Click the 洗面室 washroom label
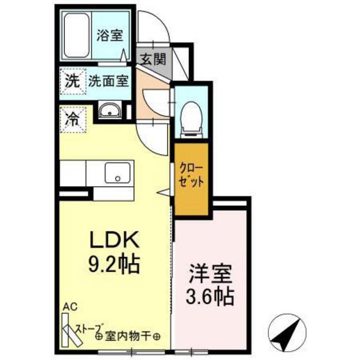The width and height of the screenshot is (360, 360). point(108,82)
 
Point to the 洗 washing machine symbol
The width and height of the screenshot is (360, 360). point(71,82)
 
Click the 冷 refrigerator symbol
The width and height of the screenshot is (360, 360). point(71,118)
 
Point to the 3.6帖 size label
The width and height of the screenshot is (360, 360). point(208,297)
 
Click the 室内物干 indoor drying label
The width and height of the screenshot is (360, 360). point(129,336)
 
